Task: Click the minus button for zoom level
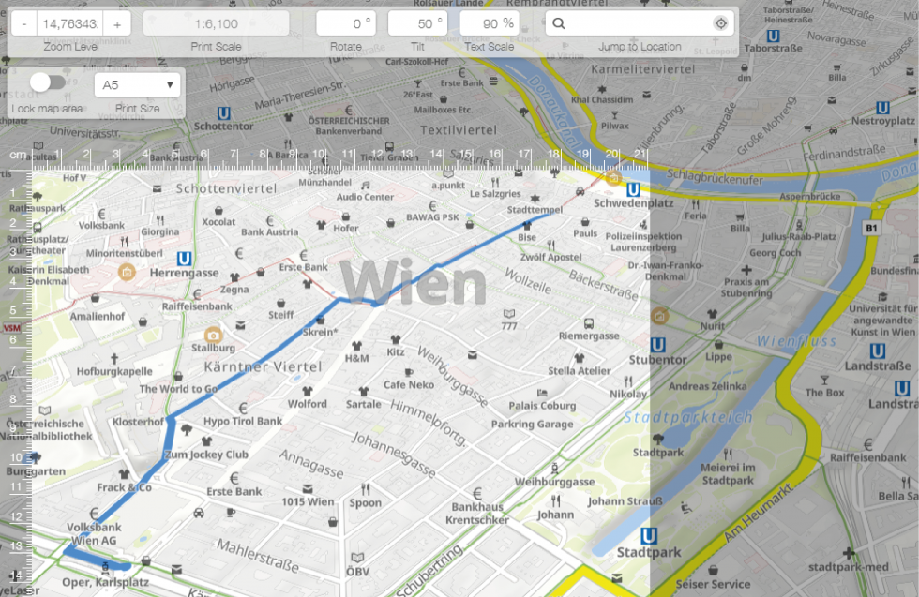click(23, 23)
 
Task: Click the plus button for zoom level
click(116, 23)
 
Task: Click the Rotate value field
click(345, 23)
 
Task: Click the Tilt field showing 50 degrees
click(417, 23)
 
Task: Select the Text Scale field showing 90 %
click(489, 23)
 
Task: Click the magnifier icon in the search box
click(559, 23)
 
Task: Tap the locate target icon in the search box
click(720, 23)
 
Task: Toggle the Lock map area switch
click(47, 83)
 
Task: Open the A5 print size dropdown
click(137, 85)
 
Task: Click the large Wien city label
click(413, 282)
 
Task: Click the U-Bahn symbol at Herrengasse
click(185, 258)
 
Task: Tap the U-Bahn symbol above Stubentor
click(658, 344)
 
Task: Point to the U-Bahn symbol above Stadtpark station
click(648, 536)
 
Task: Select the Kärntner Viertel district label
click(263, 366)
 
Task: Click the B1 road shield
click(871, 228)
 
